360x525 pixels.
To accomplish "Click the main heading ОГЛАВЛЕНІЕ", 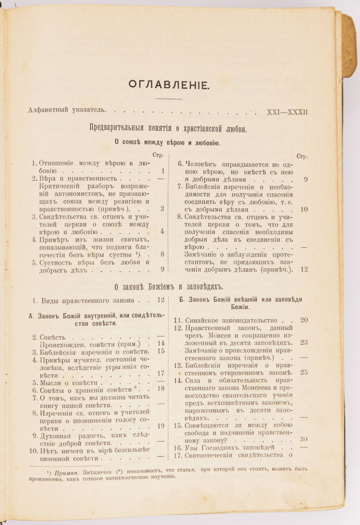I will pyautogui.click(x=168, y=85).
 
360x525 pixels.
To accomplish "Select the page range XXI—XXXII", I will pyautogui.click(x=287, y=112).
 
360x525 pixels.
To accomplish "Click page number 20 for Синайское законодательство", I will pyautogui.click(x=304, y=320).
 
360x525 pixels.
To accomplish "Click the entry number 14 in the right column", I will pyautogui.click(x=179, y=380).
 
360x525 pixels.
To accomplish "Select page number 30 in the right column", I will pyautogui.click(x=303, y=440).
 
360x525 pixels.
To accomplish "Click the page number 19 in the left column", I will pyautogui.click(x=161, y=426).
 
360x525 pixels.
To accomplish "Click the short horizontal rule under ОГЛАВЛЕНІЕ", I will pyautogui.click(x=168, y=98).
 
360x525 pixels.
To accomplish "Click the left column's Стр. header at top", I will pyautogui.click(x=158, y=155).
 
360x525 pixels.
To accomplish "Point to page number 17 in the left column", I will pyautogui.click(x=161, y=373).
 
